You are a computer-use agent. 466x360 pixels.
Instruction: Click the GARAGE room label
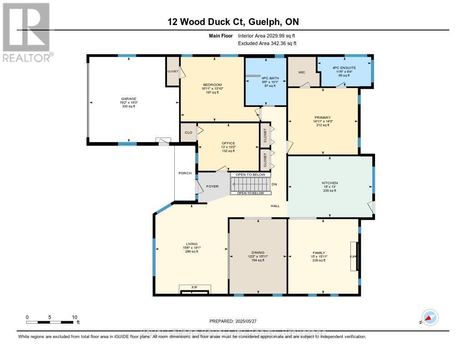coord(128,99)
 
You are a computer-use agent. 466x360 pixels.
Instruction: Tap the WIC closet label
coord(301,72)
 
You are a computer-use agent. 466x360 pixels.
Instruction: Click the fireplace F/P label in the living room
coord(194,288)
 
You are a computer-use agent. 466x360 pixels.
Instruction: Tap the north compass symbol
coord(430,317)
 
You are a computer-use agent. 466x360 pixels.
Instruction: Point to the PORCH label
coord(185,173)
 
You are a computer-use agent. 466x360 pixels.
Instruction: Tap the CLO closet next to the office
coord(187,133)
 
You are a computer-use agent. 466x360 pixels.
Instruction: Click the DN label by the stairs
coord(274,185)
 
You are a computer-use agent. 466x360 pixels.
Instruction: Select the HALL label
coord(275,206)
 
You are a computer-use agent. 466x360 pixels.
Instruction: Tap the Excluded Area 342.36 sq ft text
coord(267,44)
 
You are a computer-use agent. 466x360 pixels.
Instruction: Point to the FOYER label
coord(213,186)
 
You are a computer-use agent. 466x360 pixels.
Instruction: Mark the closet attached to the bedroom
coord(172,71)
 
